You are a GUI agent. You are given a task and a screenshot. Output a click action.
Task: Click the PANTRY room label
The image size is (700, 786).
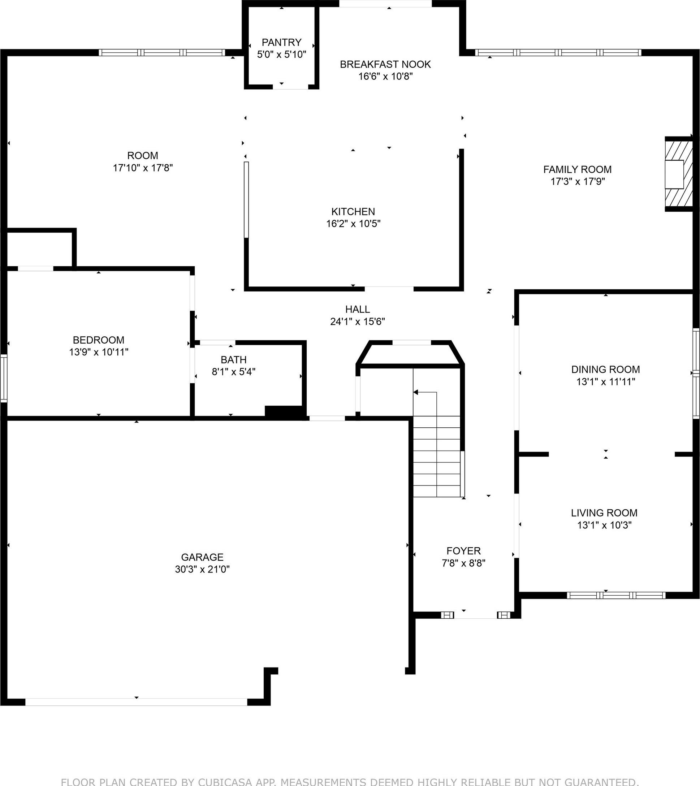pyautogui.click(x=281, y=42)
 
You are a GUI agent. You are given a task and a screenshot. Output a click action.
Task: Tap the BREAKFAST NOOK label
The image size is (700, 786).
pyautogui.click(x=385, y=64)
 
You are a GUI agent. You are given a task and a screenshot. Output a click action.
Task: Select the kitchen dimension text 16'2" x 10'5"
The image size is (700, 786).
pyautogui.click(x=354, y=224)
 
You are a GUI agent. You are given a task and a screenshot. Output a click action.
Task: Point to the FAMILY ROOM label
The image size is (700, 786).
pyautogui.click(x=577, y=169)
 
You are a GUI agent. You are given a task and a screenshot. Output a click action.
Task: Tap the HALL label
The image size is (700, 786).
pyautogui.click(x=358, y=309)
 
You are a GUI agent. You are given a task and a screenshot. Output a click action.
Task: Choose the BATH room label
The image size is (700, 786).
pyautogui.click(x=233, y=359)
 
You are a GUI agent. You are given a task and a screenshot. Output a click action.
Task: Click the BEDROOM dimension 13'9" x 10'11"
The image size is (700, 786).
pyautogui.click(x=99, y=352)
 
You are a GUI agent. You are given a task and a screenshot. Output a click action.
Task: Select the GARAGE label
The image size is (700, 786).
pyautogui.click(x=202, y=557)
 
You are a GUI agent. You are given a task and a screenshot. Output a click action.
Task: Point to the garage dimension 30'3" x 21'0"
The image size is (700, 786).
pyautogui.click(x=202, y=569)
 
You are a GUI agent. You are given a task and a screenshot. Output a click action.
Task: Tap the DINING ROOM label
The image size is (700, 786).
pyautogui.click(x=605, y=369)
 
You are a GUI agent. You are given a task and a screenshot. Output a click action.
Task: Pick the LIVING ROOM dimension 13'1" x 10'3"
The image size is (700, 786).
pyautogui.click(x=604, y=525)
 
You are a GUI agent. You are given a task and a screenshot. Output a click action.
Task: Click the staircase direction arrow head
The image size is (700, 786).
pyautogui.click(x=415, y=392)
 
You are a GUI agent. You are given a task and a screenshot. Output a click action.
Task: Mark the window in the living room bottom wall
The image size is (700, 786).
pyautogui.click(x=616, y=595)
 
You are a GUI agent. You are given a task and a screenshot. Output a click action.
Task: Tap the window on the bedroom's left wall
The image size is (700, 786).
pyautogui.click(x=4, y=379)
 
